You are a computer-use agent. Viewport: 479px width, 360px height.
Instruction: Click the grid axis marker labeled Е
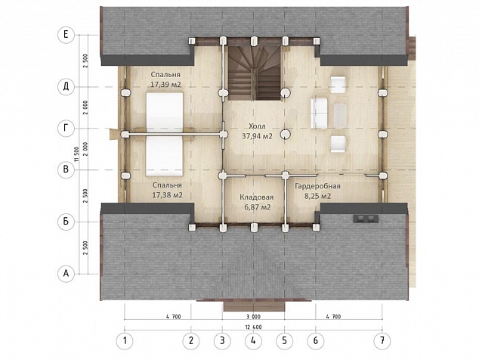(66, 35)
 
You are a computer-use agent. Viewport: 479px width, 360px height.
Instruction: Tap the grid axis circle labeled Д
(66, 87)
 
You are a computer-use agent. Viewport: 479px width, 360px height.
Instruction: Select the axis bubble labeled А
(66, 274)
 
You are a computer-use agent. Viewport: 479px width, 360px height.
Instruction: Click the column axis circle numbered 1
(125, 340)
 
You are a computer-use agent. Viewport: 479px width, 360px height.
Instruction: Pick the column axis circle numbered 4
(253, 340)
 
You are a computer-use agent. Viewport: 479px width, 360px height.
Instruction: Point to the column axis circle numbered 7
(382, 340)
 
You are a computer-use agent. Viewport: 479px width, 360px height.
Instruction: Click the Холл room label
(257, 126)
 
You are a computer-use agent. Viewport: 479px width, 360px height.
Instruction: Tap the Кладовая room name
(256, 197)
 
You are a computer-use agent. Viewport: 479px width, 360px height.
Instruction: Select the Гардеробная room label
(317, 186)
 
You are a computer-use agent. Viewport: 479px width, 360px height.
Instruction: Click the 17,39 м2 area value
(165, 85)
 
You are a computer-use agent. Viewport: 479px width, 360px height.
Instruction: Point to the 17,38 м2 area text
(168, 195)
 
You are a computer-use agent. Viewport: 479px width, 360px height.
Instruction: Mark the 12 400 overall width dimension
(253, 327)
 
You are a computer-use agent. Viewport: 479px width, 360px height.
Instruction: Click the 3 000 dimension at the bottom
(253, 317)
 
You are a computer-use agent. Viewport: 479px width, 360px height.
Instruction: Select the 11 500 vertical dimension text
(76, 155)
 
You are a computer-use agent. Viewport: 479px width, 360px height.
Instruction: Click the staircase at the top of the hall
(254, 73)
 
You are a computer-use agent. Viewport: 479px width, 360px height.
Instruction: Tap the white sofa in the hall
(319, 113)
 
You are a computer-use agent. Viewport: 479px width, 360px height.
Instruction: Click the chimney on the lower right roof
(366, 219)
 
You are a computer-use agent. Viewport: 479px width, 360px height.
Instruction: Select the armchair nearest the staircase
(338, 85)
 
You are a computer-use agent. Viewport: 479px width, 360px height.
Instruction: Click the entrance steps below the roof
(254, 306)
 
